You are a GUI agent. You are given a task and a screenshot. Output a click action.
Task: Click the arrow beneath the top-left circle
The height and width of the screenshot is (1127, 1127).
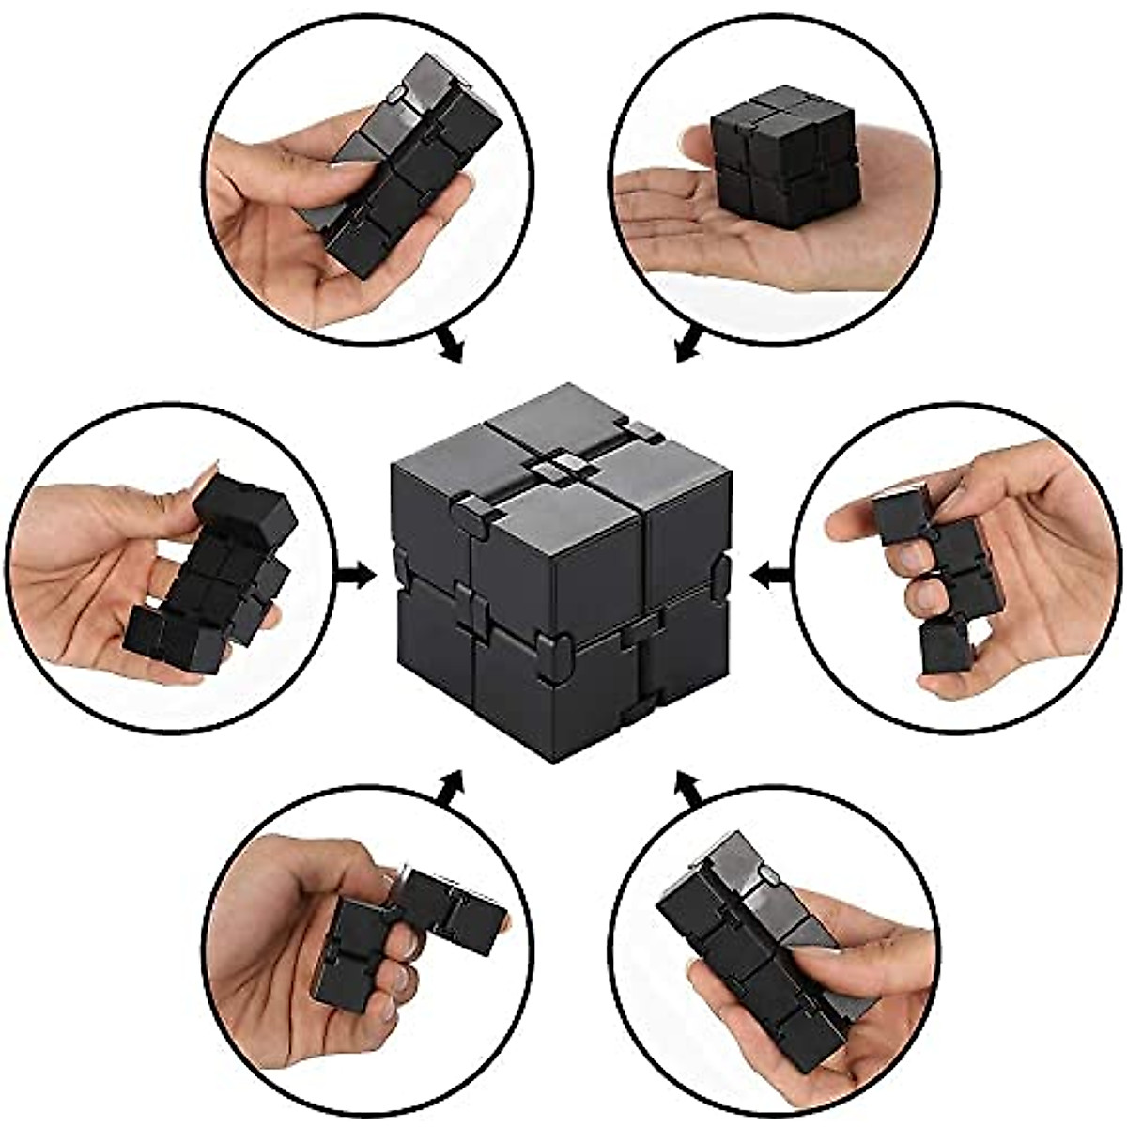(x=451, y=346)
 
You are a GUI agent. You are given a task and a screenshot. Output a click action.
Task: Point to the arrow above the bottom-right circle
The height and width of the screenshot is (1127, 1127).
(x=690, y=787)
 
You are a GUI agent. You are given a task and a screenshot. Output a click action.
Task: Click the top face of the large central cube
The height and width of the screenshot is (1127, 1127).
(x=554, y=451)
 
